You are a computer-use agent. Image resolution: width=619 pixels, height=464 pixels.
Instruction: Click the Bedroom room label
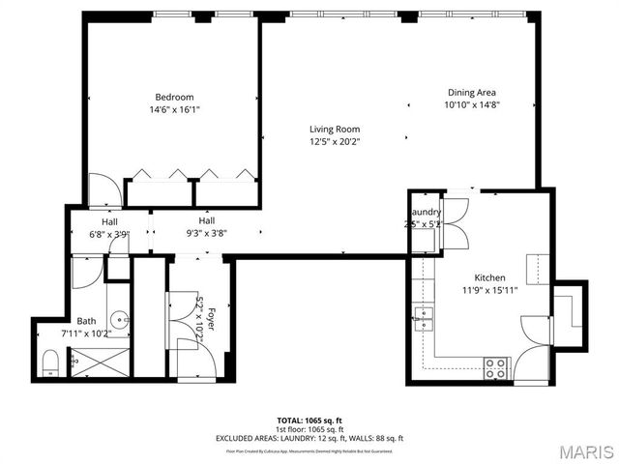175,97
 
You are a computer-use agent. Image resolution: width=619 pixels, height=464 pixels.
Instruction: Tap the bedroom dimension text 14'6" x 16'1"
175,109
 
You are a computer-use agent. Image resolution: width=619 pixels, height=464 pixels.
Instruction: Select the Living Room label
335,130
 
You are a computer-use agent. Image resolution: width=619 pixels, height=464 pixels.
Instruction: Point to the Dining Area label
471,93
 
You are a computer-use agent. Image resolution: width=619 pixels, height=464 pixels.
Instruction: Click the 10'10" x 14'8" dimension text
471,105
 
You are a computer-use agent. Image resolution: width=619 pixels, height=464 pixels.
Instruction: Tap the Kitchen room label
489,276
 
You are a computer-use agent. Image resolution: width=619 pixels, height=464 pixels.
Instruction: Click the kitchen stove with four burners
496,367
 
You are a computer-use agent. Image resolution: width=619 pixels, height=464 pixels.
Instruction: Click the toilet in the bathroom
50,362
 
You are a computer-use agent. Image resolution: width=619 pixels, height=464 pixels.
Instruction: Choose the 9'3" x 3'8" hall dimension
206,233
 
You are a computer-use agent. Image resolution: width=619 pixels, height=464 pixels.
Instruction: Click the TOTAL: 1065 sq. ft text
309,421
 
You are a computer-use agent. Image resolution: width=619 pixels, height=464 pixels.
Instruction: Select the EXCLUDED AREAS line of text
309,438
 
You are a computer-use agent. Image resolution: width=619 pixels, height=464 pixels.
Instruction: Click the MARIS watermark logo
580,450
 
